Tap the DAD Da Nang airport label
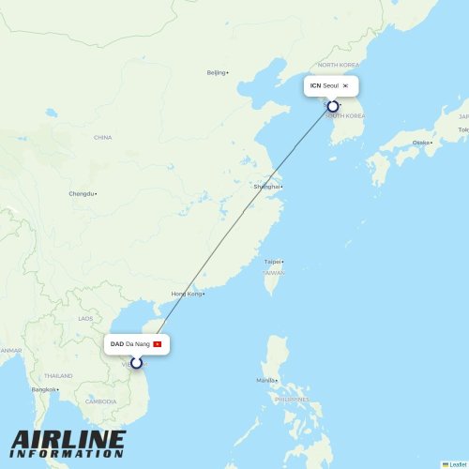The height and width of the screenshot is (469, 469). [130, 344]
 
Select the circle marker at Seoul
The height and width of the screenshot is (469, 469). [333, 107]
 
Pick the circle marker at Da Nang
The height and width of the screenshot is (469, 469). [136, 363]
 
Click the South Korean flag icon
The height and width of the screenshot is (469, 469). [346, 86]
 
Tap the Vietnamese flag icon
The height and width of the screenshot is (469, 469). [158, 344]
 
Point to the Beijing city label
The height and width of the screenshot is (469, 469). [217, 72]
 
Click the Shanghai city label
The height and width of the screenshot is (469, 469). [266, 187]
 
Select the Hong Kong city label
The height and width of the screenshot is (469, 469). [187, 294]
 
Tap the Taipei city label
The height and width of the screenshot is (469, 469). [273, 262]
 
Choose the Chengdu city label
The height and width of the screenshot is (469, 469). [81, 193]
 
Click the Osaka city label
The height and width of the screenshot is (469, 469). [421, 143]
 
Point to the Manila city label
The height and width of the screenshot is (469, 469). [266, 380]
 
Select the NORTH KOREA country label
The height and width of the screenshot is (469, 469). [339, 65]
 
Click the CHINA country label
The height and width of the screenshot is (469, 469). [102, 137]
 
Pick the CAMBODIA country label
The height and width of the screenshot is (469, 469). [100, 401]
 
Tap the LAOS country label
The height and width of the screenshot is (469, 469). [86, 318]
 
